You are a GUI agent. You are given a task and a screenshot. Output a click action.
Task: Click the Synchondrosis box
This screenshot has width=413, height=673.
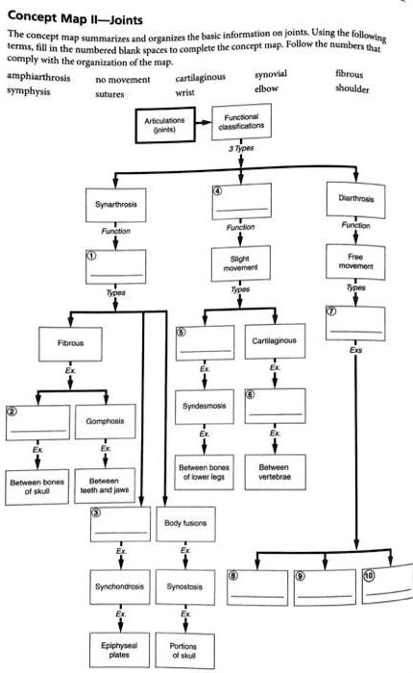point(114,586)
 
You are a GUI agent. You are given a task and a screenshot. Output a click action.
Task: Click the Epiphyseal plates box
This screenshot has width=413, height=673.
point(114,642)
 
